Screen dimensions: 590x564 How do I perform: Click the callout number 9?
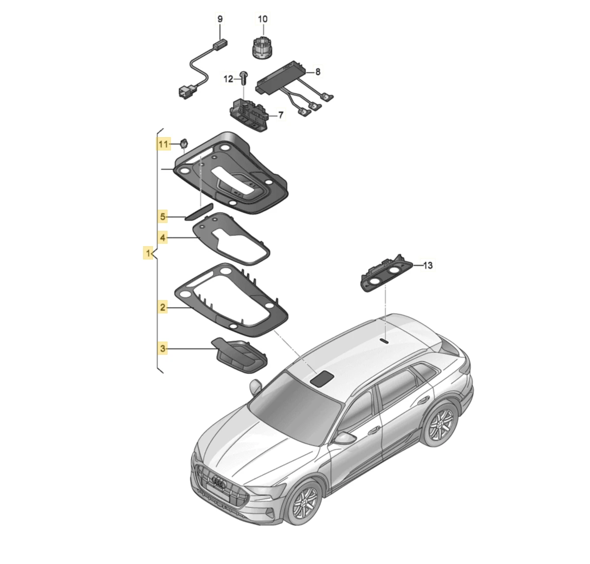220,19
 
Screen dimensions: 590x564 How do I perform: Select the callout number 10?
263,19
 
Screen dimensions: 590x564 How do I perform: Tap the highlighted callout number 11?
163,144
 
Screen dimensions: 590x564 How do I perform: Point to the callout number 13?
427,265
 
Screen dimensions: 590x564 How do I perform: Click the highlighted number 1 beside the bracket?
148,253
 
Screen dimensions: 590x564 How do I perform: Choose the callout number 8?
318,72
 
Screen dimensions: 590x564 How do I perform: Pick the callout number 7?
281,115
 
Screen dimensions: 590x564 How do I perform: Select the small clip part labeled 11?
184,143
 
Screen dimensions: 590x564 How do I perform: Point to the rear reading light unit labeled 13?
386,274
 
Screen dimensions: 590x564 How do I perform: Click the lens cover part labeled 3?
239,356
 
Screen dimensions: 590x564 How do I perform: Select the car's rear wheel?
440,424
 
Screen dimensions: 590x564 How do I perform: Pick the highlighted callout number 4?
163,238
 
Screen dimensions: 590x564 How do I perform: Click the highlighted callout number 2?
163,307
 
